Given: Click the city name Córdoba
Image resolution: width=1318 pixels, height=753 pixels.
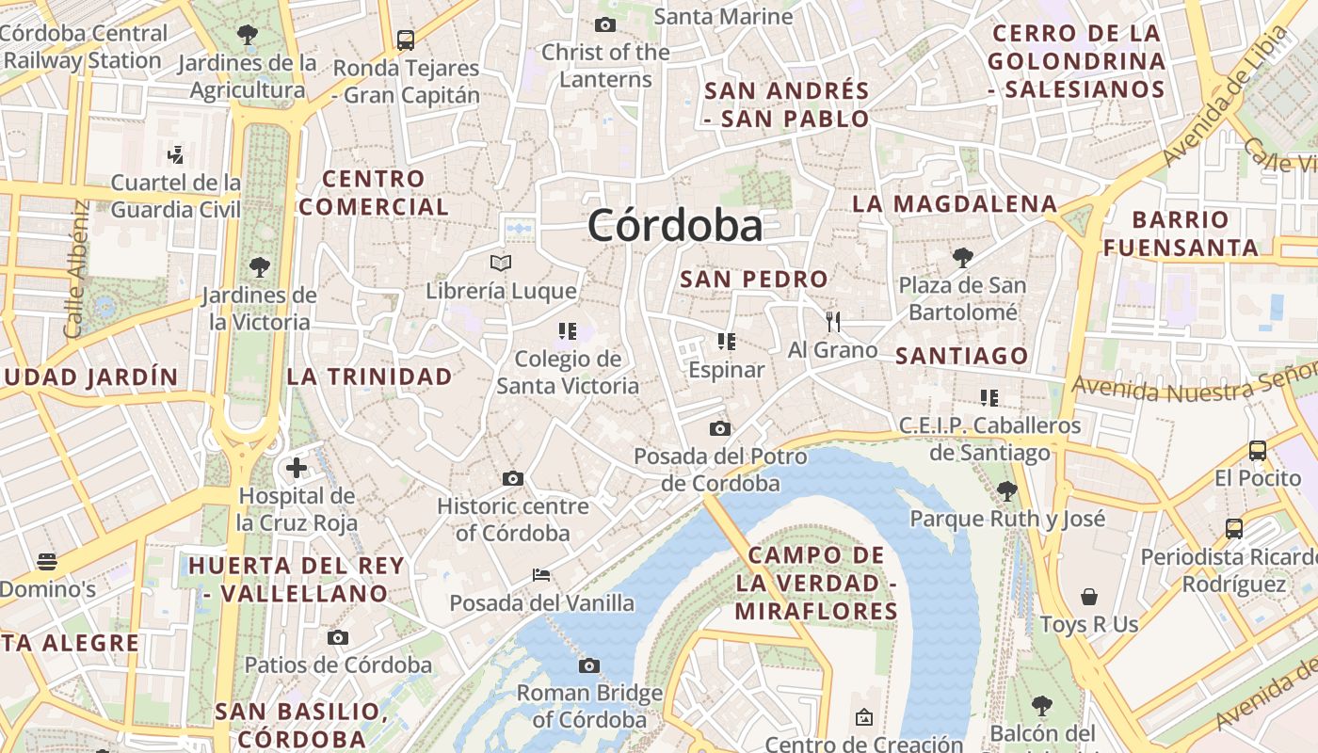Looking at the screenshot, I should point(675,226).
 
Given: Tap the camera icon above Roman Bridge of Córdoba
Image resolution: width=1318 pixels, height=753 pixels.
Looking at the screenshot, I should point(589,666).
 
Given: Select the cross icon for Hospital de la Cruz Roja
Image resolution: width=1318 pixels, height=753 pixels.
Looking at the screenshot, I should point(297,467).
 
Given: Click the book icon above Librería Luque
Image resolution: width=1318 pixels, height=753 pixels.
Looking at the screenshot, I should point(501,263).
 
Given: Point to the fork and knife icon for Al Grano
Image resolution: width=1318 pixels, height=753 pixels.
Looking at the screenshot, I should point(832,322).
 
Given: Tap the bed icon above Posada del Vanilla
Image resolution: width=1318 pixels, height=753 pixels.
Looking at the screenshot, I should point(541,574).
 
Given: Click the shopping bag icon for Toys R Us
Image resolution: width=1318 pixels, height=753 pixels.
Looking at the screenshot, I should point(1089,597).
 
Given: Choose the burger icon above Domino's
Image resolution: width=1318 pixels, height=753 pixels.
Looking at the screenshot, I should point(47,563).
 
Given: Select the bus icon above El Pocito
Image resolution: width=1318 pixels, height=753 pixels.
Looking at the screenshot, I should point(1257,450).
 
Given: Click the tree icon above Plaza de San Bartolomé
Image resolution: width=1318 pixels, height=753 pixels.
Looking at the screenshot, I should point(962,256).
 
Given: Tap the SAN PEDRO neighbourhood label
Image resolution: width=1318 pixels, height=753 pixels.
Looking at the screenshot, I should point(754,280).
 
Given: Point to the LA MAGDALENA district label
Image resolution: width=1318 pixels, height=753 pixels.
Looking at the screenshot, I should point(955,204).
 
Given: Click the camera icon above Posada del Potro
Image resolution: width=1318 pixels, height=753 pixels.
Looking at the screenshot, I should point(720,429).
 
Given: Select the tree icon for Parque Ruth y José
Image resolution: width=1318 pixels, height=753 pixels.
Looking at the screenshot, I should point(1006,490).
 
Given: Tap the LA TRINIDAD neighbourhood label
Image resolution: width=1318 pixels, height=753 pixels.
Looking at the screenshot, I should point(369,377).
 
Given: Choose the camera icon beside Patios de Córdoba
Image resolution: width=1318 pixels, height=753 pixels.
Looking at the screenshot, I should point(338,638).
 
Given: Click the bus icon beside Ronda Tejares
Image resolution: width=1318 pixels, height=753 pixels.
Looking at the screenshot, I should point(406,40).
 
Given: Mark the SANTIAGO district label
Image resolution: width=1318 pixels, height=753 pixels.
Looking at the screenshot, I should point(961,356).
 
